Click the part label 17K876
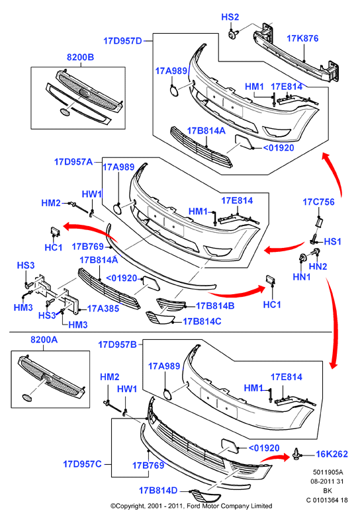[x=302, y=38]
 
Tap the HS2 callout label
[x=230, y=17]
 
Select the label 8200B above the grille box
[x=81, y=58]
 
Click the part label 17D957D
[x=122, y=41]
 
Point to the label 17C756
[x=318, y=202]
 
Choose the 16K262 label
[x=332, y=454]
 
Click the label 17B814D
[x=158, y=491]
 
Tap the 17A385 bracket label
[x=103, y=309]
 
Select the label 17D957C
[x=82, y=464]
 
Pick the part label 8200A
[x=44, y=340]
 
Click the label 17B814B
[x=215, y=306]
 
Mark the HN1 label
[x=302, y=277]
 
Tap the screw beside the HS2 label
[x=233, y=34]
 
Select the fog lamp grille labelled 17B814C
[x=160, y=318]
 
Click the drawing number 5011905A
[x=328, y=472]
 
